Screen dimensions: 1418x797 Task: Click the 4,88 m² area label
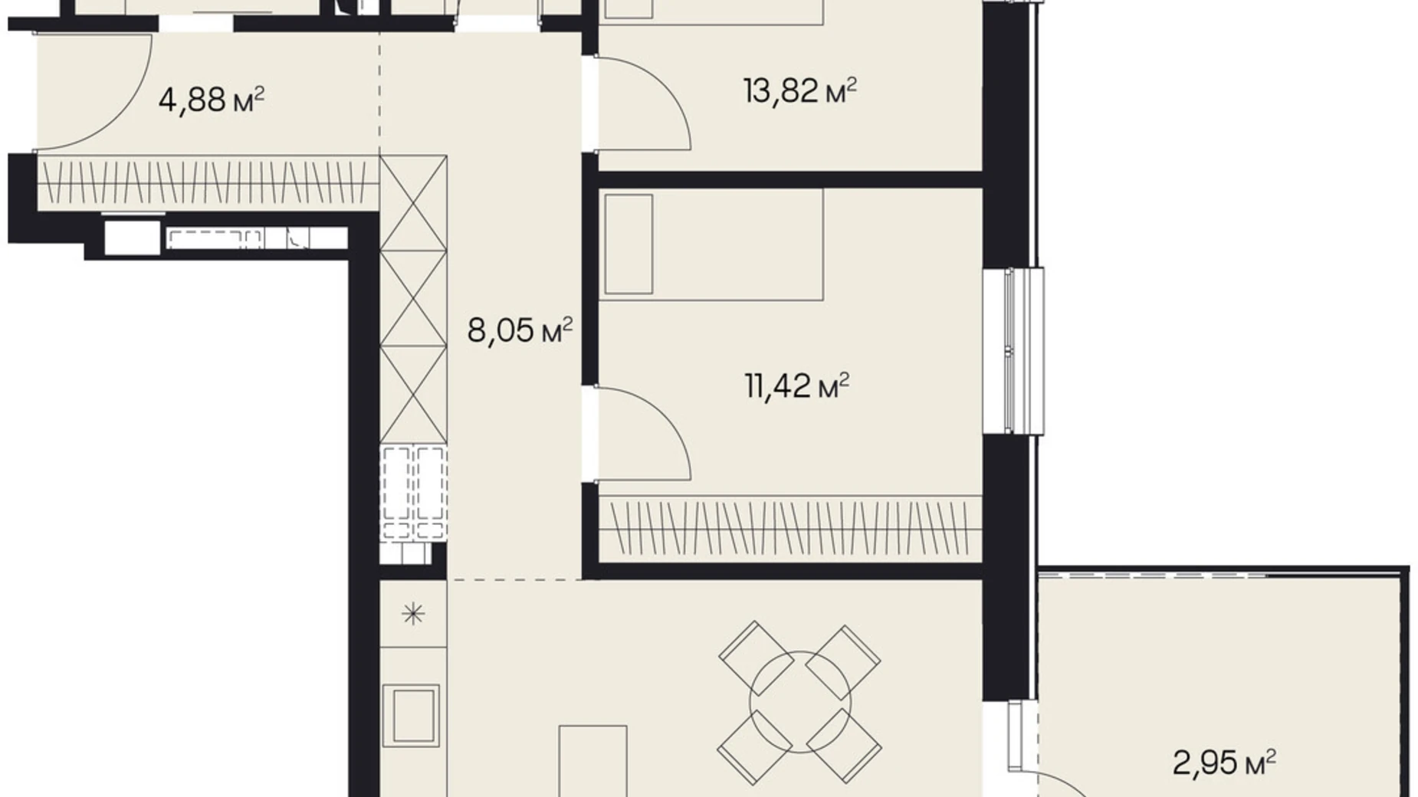pyautogui.click(x=212, y=100)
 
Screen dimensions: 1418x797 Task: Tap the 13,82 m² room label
pyautogui.click(x=799, y=91)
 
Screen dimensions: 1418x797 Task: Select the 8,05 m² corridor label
pyautogui.click(x=520, y=332)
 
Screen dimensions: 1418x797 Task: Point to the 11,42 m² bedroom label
pyautogui.click(x=797, y=385)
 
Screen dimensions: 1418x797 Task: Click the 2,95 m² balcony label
pyautogui.click(x=1224, y=763)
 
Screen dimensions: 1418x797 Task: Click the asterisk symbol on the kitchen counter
pyautogui.click(x=413, y=613)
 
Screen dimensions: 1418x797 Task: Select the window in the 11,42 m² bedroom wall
pyautogui.click(x=1022, y=351)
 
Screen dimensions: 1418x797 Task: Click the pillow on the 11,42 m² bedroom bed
pyautogui.click(x=629, y=244)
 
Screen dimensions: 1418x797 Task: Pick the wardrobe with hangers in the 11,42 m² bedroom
pyautogui.click(x=790, y=528)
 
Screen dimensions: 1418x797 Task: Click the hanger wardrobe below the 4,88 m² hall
pyautogui.click(x=208, y=182)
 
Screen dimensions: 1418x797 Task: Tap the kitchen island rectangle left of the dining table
pyautogui.click(x=593, y=762)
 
